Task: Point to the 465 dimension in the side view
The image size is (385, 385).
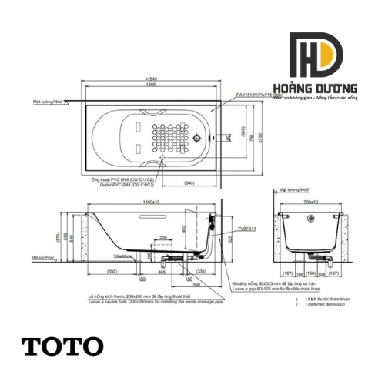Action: pyautogui.click(x=161, y=272)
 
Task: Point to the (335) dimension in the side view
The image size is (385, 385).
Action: pyautogui.click(x=200, y=272)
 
